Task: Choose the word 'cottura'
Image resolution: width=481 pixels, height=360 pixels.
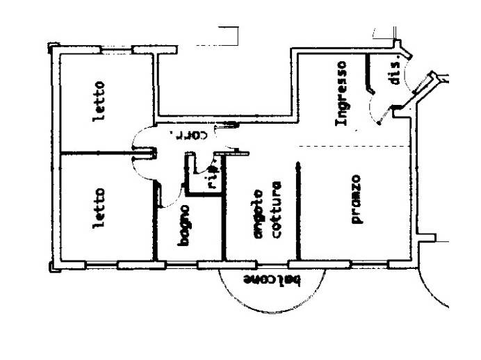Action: point(275,211)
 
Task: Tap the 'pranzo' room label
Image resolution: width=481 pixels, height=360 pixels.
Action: point(356,199)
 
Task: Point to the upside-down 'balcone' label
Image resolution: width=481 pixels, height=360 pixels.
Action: point(271,279)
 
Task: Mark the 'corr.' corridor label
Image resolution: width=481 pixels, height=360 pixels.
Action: point(186,134)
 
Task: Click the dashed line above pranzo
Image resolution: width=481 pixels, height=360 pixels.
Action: point(354,145)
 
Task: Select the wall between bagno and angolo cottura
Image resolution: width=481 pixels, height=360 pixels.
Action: point(224,222)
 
